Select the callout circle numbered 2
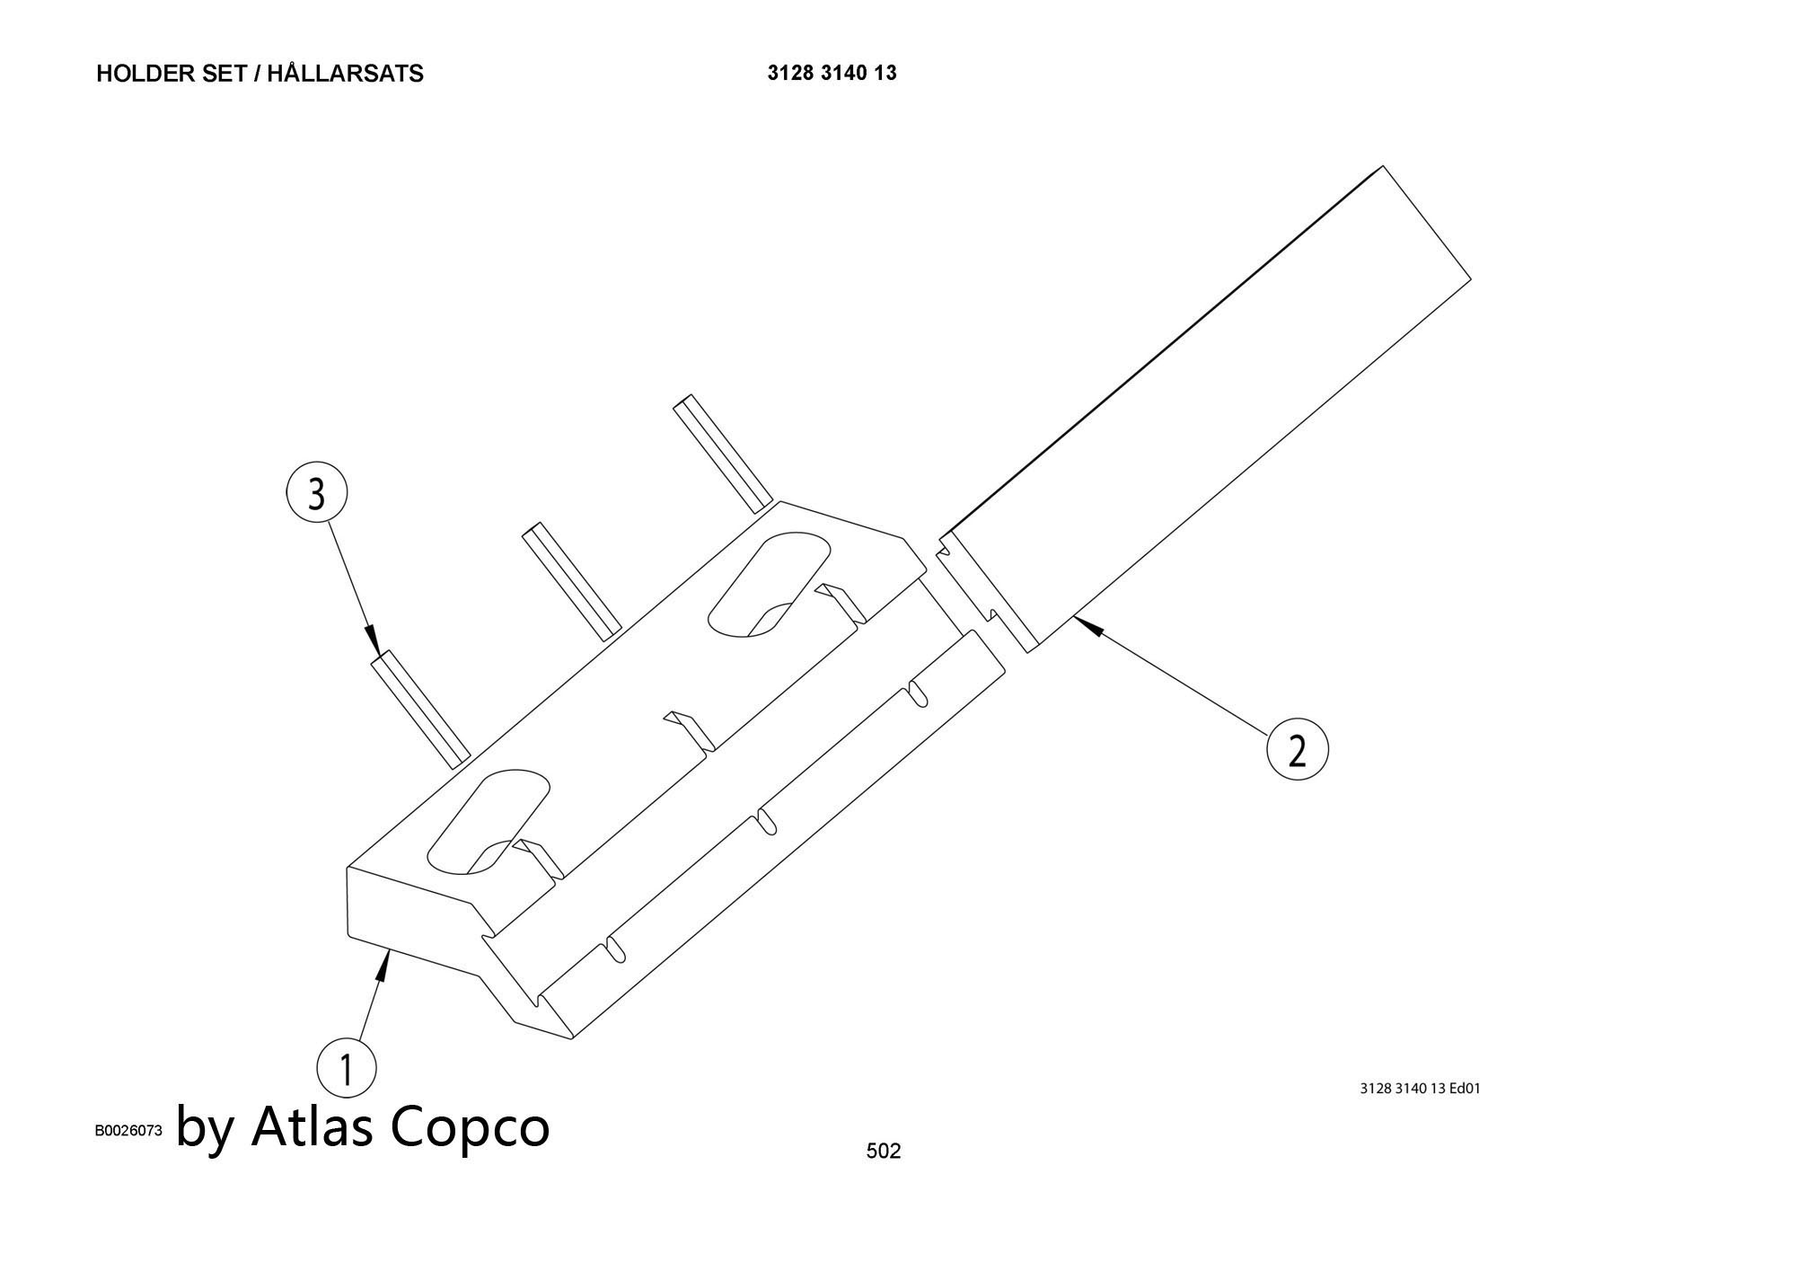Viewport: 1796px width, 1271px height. [1297, 749]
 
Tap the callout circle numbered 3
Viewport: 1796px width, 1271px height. [316, 493]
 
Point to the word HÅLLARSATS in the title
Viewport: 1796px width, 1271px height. [345, 74]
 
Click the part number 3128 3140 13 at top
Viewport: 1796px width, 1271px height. [832, 73]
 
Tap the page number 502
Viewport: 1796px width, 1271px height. [883, 1151]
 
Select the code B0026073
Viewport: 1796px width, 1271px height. [128, 1131]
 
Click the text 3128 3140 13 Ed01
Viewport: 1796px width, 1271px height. [1420, 1089]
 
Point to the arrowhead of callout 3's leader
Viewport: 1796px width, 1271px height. [374, 640]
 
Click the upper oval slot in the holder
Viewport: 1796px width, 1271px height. [769, 584]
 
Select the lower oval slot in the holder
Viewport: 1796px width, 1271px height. [488, 820]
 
